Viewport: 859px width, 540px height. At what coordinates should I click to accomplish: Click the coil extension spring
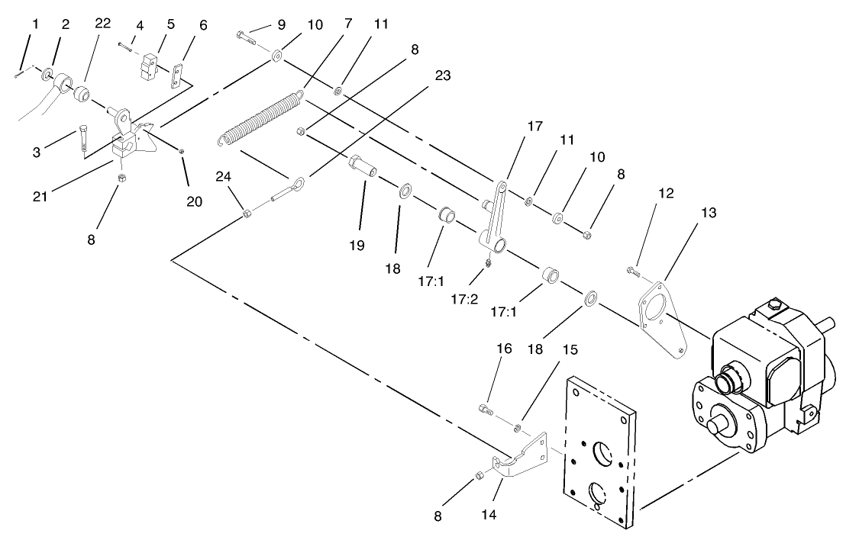pyautogui.click(x=260, y=117)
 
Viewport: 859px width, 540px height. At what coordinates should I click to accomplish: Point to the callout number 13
pyautogui.click(x=709, y=214)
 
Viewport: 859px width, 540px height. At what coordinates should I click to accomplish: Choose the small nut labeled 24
pyautogui.click(x=245, y=213)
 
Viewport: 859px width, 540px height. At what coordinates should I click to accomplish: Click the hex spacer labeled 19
pyautogui.click(x=362, y=166)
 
